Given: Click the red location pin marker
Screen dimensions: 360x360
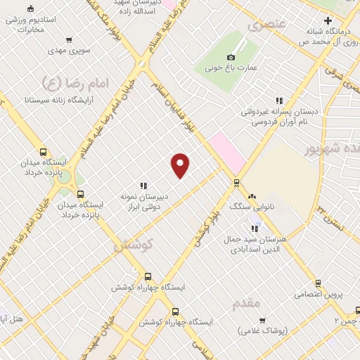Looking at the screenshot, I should point(181,165).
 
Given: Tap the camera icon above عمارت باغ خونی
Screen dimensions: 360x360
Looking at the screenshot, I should point(231,58).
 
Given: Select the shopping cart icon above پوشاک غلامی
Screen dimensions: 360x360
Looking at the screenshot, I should point(263,320).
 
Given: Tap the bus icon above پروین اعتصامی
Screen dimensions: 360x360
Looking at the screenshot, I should point(318,283).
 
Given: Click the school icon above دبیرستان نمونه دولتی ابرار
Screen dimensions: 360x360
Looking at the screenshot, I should point(143,186).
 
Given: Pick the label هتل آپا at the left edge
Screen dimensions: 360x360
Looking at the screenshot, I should point(11,319).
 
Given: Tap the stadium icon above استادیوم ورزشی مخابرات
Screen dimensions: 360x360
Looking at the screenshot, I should point(30,9).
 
